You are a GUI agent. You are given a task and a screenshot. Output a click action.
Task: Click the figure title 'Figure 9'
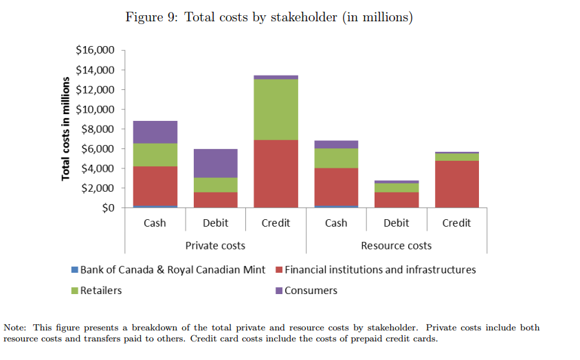(x=269, y=17)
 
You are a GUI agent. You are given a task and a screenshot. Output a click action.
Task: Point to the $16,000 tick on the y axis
(x=95, y=50)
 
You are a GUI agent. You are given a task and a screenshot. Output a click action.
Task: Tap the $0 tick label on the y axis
(x=106, y=207)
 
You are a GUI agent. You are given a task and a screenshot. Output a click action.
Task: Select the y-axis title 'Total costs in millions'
(x=66, y=128)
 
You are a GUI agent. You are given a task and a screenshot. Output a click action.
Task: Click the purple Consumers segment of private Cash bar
(x=155, y=132)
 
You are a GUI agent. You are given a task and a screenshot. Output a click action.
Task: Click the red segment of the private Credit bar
(x=276, y=174)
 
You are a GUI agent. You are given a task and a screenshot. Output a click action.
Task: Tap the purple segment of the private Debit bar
(x=215, y=164)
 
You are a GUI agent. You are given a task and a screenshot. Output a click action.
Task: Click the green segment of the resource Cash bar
(x=336, y=158)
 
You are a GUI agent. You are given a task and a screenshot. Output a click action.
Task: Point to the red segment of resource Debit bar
(x=397, y=199)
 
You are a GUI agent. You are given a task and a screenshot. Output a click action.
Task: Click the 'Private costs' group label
(x=215, y=245)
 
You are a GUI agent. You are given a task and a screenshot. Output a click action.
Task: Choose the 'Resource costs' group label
(x=397, y=245)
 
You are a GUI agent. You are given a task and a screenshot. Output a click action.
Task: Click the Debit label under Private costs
(x=216, y=223)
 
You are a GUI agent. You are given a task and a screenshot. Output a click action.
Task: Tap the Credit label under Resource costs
(x=457, y=223)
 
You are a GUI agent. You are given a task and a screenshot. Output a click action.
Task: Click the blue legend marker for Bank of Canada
(x=75, y=270)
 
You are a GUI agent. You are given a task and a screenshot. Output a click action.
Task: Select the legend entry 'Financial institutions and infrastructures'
(x=380, y=269)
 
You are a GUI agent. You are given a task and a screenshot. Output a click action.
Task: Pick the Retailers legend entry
(x=100, y=290)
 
